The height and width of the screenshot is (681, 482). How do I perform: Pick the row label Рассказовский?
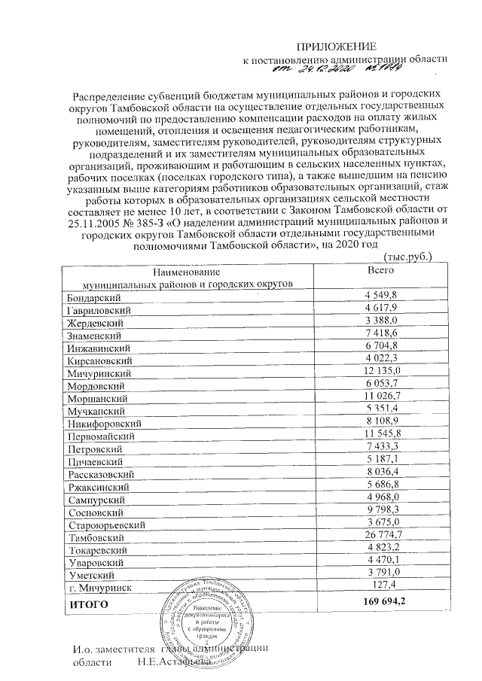click(101, 474)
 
